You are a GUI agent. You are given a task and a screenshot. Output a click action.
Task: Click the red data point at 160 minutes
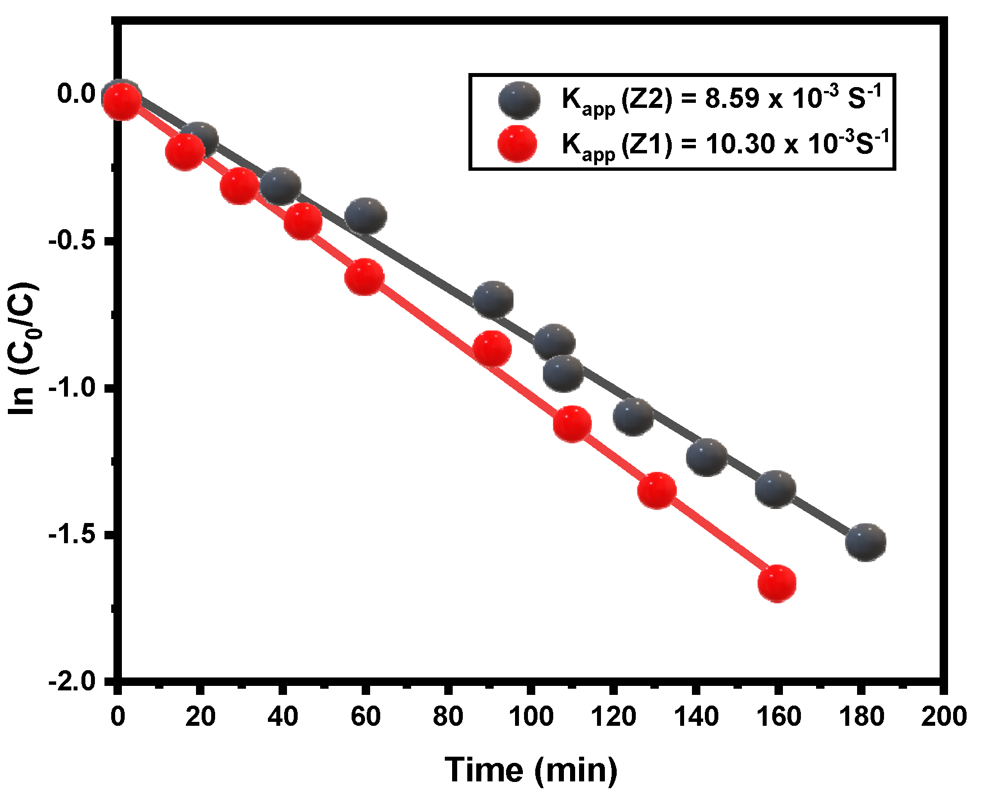click(x=777, y=583)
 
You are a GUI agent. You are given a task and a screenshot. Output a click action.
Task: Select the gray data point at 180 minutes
click(x=865, y=542)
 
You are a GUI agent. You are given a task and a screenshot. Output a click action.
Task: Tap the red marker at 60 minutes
click(x=365, y=277)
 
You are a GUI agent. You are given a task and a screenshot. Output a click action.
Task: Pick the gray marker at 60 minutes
click(x=366, y=216)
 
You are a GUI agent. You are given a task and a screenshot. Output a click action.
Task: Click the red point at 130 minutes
click(x=657, y=490)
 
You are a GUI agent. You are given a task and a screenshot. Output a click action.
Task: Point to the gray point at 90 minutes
click(x=493, y=300)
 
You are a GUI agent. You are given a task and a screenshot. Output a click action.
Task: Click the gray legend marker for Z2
click(x=520, y=100)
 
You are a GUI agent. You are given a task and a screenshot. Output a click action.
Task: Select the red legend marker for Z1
click(x=517, y=144)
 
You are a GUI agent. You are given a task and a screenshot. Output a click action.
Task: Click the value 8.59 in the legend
click(x=732, y=99)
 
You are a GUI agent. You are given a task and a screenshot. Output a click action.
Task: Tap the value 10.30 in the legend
click(x=740, y=144)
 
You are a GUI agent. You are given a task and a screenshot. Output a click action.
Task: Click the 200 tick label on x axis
click(x=944, y=716)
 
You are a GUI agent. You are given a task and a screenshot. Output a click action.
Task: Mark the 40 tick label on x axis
click(x=283, y=716)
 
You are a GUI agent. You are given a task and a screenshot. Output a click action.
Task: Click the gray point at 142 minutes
click(x=707, y=457)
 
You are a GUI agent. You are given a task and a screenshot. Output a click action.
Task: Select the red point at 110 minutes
click(x=572, y=424)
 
